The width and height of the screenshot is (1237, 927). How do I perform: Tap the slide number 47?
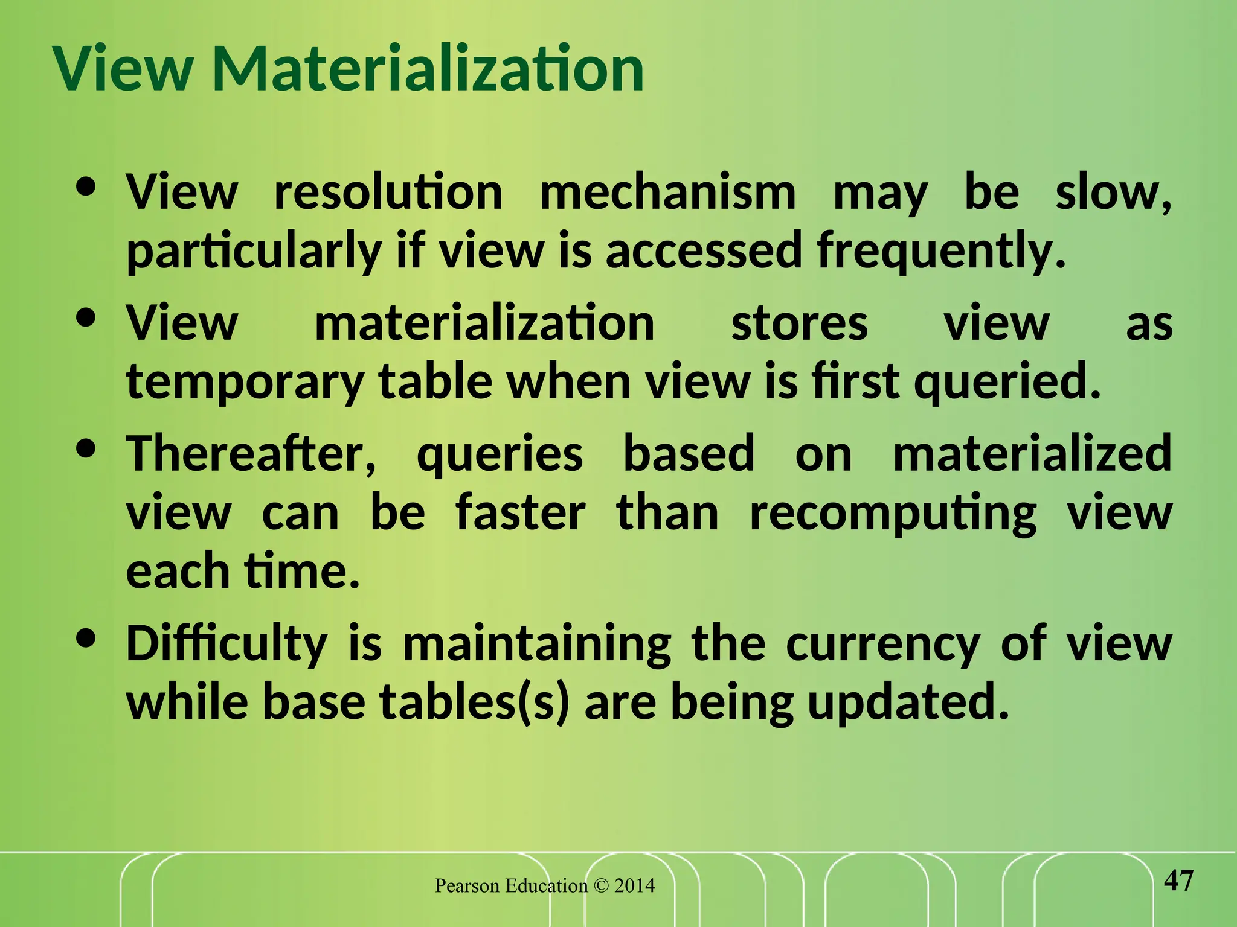(x=1178, y=881)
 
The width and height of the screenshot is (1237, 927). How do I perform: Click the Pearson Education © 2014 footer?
(x=545, y=885)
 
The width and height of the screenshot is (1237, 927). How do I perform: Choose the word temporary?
(x=245, y=383)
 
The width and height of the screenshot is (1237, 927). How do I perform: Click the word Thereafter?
(x=251, y=453)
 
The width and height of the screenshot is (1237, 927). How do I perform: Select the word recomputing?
(x=893, y=514)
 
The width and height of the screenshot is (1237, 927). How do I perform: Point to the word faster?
(x=520, y=512)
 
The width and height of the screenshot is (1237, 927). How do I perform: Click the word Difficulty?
(x=227, y=644)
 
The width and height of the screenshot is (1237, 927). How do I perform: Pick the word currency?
(x=882, y=644)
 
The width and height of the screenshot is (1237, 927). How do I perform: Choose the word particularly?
(x=254, y=251)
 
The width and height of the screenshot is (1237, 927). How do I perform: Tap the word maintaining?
(x=537, y=644)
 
